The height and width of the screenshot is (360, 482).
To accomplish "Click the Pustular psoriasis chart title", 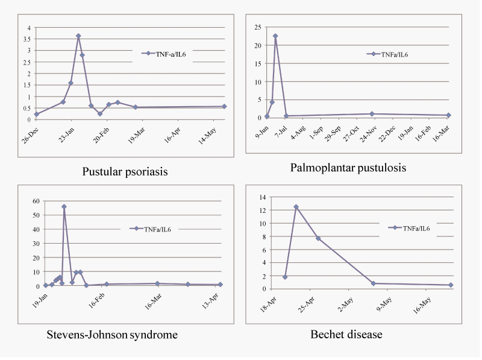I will tap(125, 172).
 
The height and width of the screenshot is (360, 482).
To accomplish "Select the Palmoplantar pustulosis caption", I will tap(348, 168).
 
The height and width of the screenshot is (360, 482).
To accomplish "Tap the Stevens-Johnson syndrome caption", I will tap(112, 335).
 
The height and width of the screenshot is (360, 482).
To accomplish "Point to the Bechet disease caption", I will tap(346, 334).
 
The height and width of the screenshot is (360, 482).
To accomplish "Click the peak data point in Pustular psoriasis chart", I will tap(78, 36).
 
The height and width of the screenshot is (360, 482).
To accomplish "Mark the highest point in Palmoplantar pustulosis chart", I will tap(275, 36).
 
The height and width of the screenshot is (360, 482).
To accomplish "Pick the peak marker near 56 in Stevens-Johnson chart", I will tap(64, 207).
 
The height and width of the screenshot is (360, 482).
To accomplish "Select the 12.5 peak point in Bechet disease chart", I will tap(296, 207).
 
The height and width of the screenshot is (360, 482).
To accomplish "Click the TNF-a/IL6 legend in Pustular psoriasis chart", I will tap(166, 53).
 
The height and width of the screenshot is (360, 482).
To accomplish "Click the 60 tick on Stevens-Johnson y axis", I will tap(36, 201).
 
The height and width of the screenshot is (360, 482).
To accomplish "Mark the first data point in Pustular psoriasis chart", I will tap(37, 114).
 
